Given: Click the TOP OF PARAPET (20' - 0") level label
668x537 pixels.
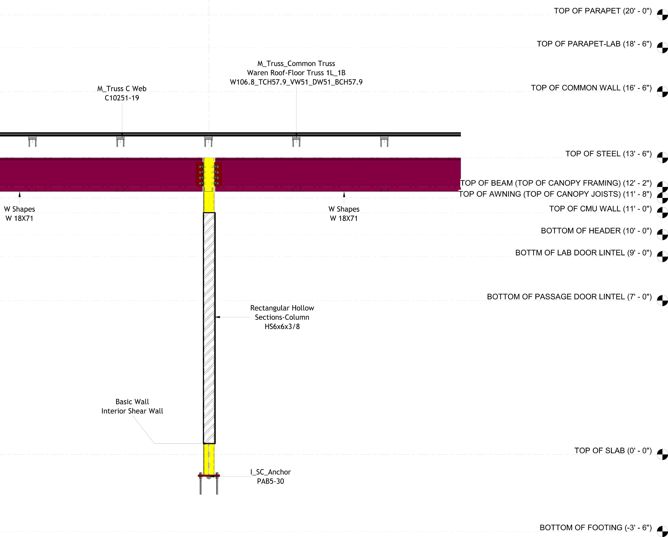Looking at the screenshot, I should coord(603,11).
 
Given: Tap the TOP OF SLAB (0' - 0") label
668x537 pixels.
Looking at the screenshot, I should coord(613,451).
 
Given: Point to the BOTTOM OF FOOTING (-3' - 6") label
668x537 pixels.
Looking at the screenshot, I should coord(595,527).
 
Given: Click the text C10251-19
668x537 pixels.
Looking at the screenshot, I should coord(122,98).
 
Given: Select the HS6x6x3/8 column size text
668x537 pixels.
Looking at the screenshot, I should coord(282,327).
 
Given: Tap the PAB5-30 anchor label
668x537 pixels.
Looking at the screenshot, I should coord(270,481).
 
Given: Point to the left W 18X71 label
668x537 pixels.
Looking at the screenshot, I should coord(19,218).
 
